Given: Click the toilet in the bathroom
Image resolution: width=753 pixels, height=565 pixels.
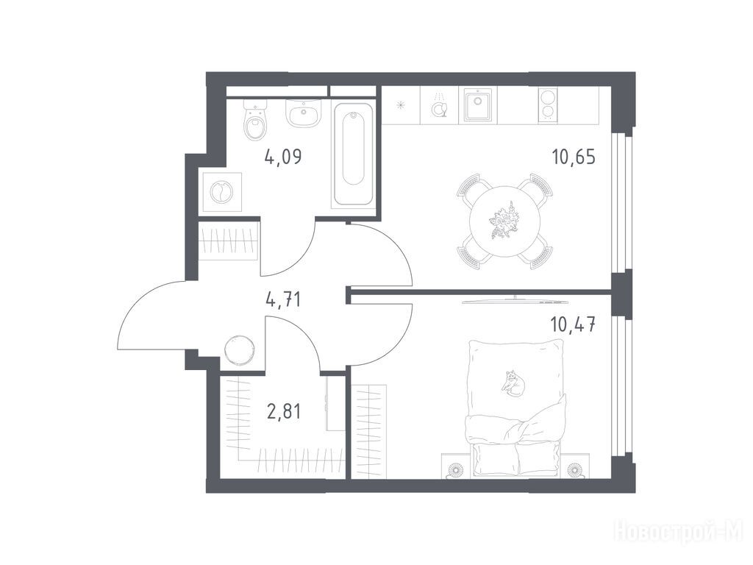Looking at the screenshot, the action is pyautogui.click(x=255, y=120).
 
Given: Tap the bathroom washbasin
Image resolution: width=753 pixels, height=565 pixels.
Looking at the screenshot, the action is pyautogui.click(x=302, y=113).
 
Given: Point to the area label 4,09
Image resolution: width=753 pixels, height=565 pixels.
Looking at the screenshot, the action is pyautogui.click(x=283, y=157).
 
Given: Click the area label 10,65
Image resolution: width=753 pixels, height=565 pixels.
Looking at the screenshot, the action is pyautogui.click(x=574, y=157).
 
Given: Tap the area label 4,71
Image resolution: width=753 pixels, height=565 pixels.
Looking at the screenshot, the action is pyautogui.click(x=283, y=300).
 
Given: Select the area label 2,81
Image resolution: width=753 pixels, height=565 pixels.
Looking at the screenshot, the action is pyautogui.click(x=283, y=411).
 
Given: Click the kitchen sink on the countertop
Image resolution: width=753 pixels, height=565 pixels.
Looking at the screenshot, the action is pyautogui.click(x=478, y=104).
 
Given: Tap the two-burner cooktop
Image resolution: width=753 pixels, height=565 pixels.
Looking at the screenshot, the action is pyautogui.click(x=547, y=104).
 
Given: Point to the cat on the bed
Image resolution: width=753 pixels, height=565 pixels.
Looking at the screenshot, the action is pyautogui.click(x=513, y=383).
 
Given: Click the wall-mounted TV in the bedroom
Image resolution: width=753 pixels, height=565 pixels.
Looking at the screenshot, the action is pyautogui.click(x=513, y=301).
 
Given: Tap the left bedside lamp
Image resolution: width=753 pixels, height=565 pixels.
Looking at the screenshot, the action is pyautogui.click(x=454, y=469).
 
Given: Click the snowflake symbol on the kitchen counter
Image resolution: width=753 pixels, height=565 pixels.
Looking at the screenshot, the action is pyautogui.click(x=401, y=105).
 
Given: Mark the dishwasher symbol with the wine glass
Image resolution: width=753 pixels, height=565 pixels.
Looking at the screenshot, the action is pyautogui.click(x=439, y=107).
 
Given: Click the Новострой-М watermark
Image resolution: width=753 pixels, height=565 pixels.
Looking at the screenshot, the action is pyautogui.click(x=679, y=533).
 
